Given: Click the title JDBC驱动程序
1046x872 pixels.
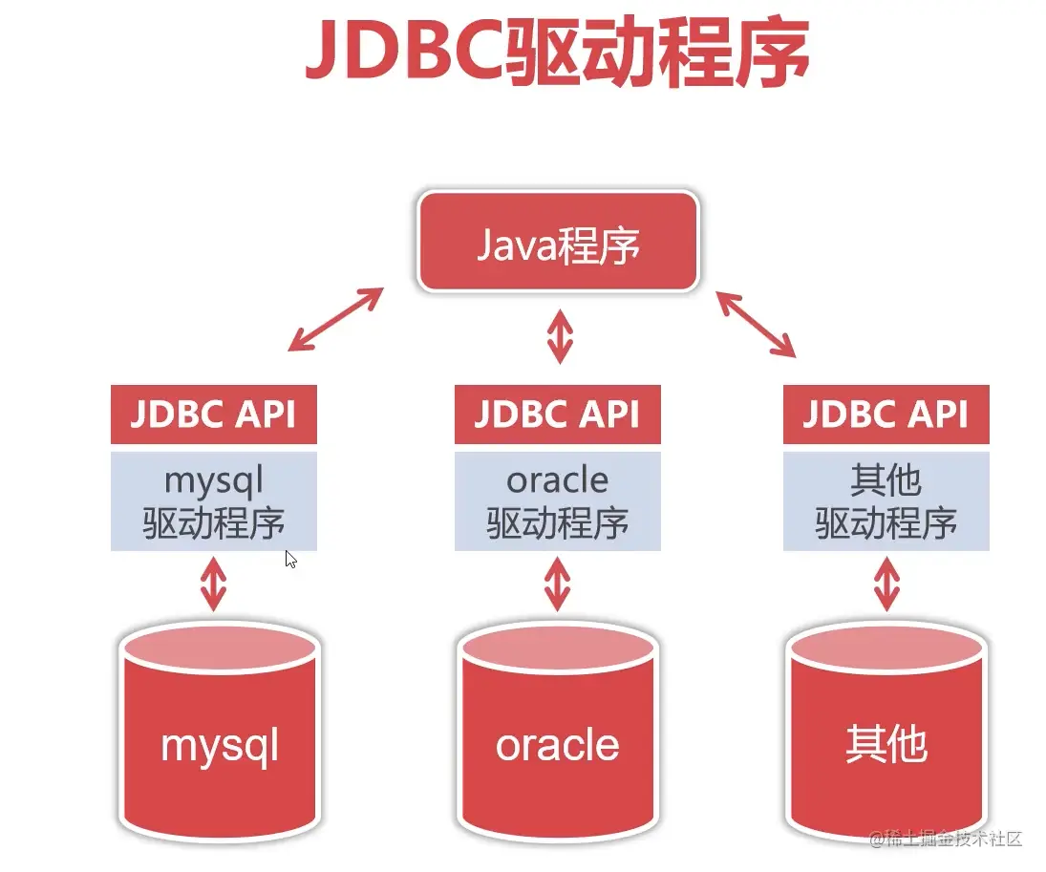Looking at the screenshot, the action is coord(557,52).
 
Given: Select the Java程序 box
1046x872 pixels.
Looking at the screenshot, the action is coord(558,242).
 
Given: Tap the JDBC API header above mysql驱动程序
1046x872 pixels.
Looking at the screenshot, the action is coord(213,415).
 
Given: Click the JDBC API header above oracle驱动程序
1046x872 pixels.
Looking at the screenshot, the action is coord(558,415).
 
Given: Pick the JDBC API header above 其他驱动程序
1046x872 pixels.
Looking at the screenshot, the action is coord(886,415).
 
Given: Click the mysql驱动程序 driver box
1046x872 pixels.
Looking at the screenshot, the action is coord(213,501).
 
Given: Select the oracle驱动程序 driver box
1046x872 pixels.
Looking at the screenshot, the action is coord(558,501).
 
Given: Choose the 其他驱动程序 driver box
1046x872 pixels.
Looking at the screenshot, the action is coord(886,501).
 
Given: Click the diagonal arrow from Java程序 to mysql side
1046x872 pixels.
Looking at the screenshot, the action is coord(335,319).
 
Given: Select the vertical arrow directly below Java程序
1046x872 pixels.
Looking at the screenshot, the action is coord(560,336).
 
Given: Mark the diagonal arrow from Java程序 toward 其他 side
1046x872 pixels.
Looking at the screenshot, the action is coord(756,324).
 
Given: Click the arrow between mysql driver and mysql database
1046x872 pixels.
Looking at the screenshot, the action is coord(213,585).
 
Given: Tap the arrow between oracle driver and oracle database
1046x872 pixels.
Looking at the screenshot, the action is coord(557,585).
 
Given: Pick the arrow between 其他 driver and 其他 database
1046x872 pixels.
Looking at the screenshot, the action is coord(886,585).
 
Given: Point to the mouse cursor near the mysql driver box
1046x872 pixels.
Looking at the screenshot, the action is coord(290,559).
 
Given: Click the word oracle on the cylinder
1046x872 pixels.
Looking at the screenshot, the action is coord(558,745).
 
